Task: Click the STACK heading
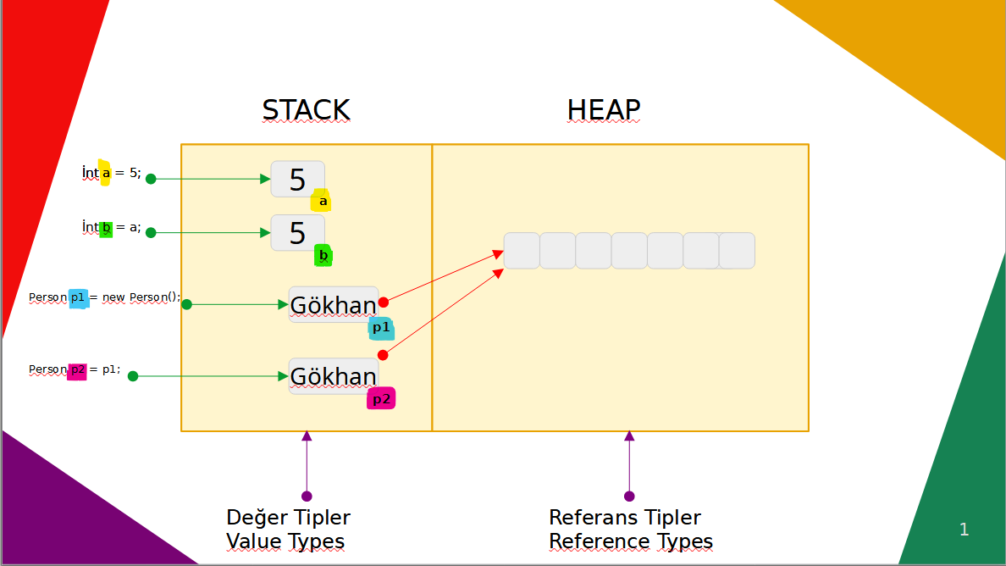pyautogui.click(x=306, y=110)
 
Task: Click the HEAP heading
pyautogui.click(x=604, y=110)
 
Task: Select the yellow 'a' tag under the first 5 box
pyautogui.click(x=321, y=201)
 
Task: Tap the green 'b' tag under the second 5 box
pyautogui.click(x=323, y=254)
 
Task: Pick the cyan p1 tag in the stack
pyautogui.click(x=381, y=328)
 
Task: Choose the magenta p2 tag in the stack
pyautogui.click(x=381, y=398)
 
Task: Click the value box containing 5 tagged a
pyautogui.click(x=297, y=179)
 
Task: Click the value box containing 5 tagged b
pyautogui.click(x=297, y=232)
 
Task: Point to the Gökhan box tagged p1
pyautogui.click(x=333, y=304)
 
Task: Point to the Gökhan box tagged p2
pyautogui.click(x=333, y=375)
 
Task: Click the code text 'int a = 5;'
pyautogui.click(x=112, y=173)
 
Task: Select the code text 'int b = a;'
pyautogui.click(x=112, y=227)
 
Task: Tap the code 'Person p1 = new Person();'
pyautogui.click(x=105, y=297)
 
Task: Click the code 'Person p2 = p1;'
pyautogui.click(x=75, y=369)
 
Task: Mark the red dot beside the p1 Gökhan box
pyautogui.click(x=383, y=302)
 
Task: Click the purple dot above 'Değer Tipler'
pyautogui.click(x=307, y=497)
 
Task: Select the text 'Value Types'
pyautogui.click(x=285, y=541)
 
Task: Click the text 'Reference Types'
pyautogui.click(x=631, y=541)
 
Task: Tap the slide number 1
pyautogui.click(x=964, y=530)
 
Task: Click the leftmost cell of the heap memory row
pyautogui.click(x=522, y=251)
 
